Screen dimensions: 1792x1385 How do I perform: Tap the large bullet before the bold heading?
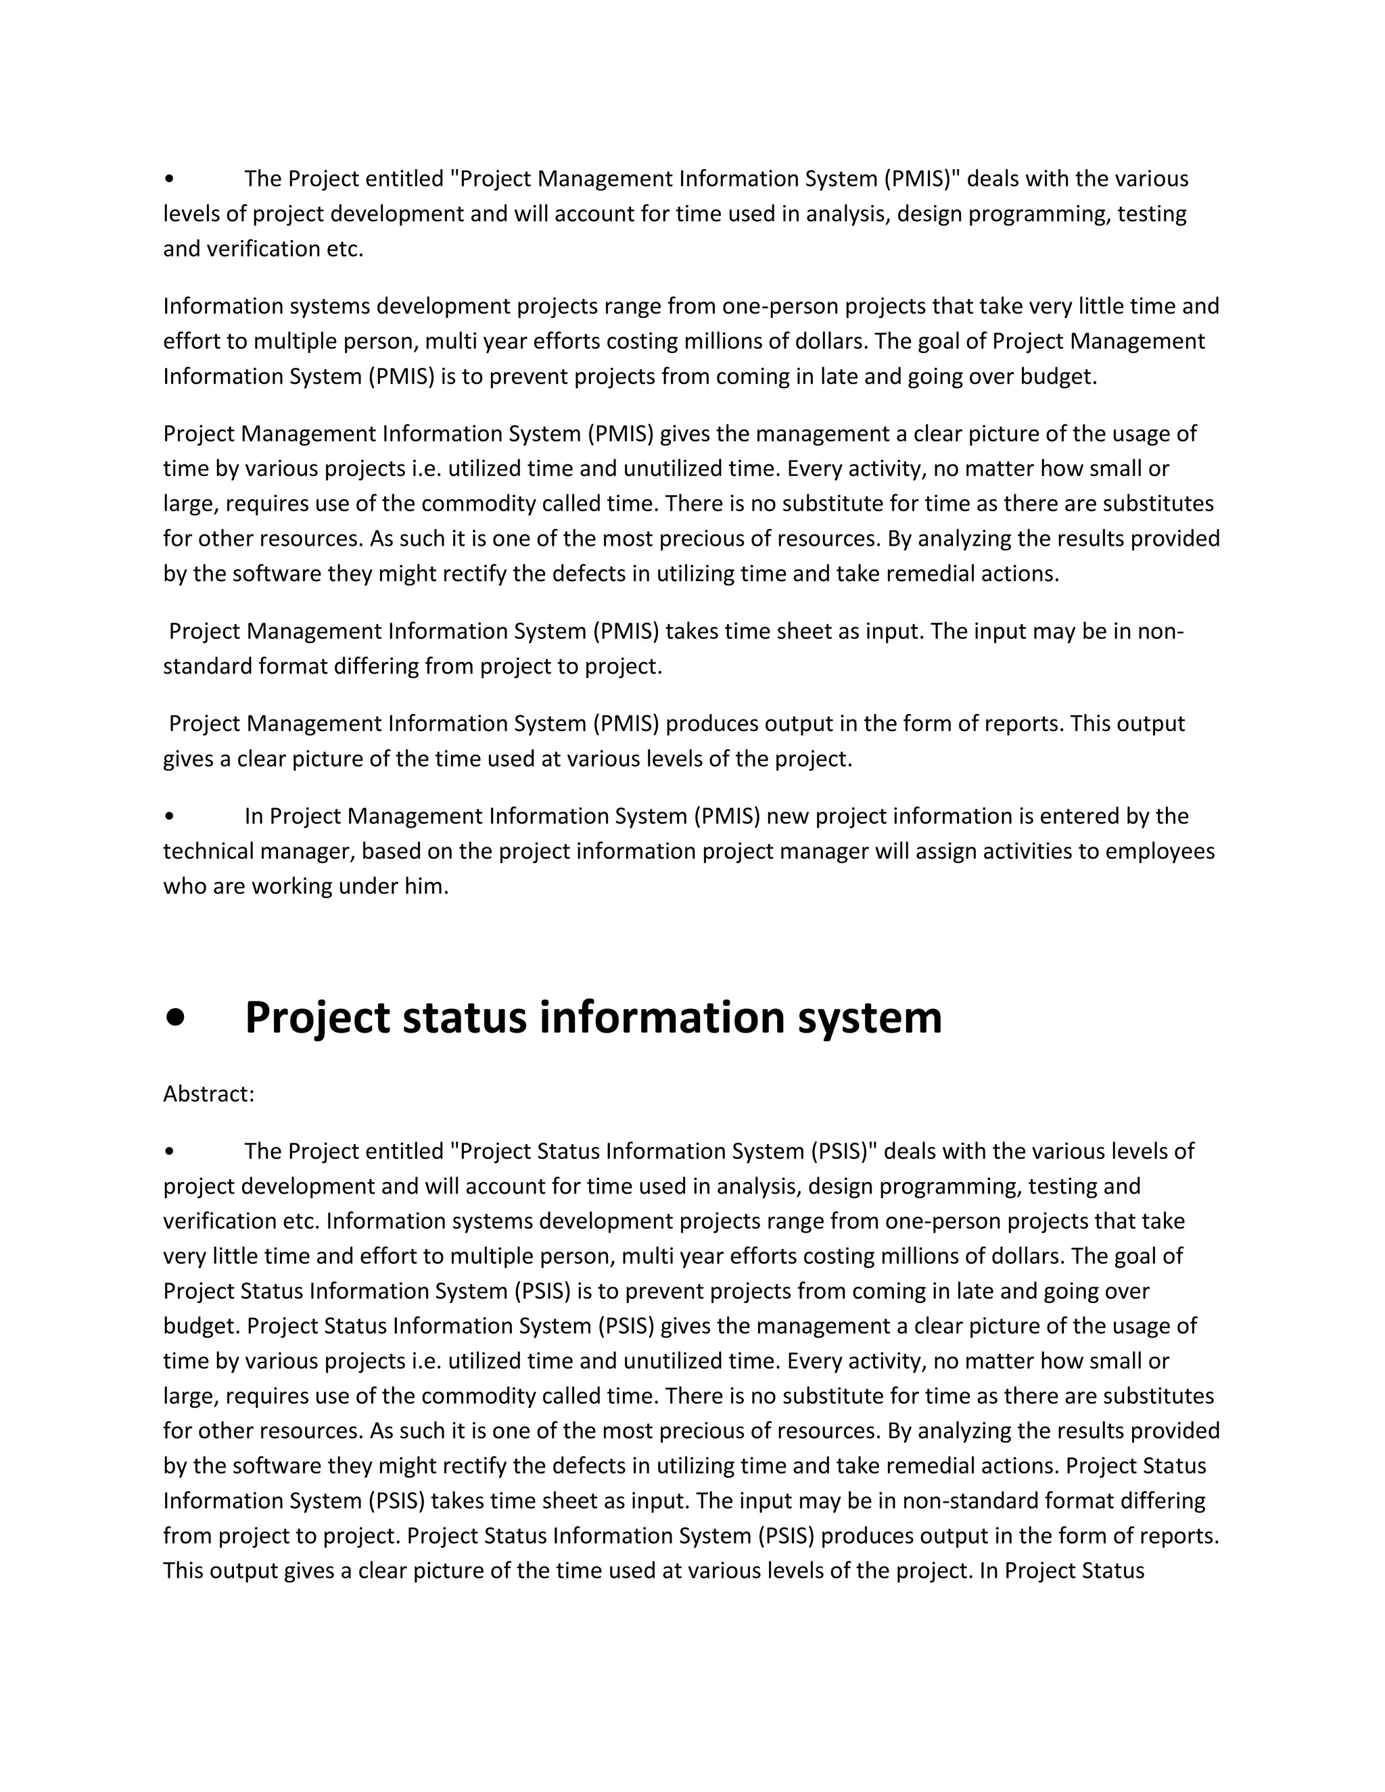(174, 1018)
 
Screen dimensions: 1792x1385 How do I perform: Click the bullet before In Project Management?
(169, 816)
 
